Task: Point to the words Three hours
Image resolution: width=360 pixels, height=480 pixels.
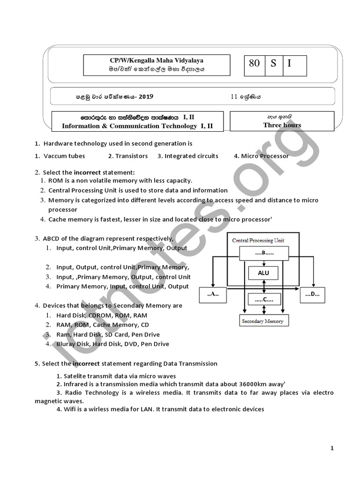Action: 282,125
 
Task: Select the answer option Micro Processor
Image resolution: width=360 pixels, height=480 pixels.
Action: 265,156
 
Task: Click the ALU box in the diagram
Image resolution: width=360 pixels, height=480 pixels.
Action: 263,273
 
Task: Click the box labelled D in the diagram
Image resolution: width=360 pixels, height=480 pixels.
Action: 312,295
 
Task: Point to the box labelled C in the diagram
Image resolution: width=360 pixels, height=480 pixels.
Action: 264,299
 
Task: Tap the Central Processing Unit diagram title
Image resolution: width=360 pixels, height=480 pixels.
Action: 258,240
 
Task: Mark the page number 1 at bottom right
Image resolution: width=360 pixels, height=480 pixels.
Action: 332,449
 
